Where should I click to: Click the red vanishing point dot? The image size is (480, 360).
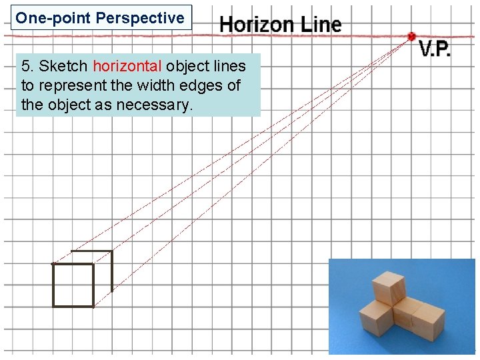point(411,36)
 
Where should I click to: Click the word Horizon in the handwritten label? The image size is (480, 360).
point(257,25)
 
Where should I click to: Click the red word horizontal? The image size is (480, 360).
point(127,66)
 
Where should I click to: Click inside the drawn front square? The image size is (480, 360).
point(73,285)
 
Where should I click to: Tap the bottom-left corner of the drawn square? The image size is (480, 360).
point(53,306)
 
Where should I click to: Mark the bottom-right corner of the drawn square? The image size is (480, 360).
point(93,306)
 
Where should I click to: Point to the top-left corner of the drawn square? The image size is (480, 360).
point(53,264)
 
